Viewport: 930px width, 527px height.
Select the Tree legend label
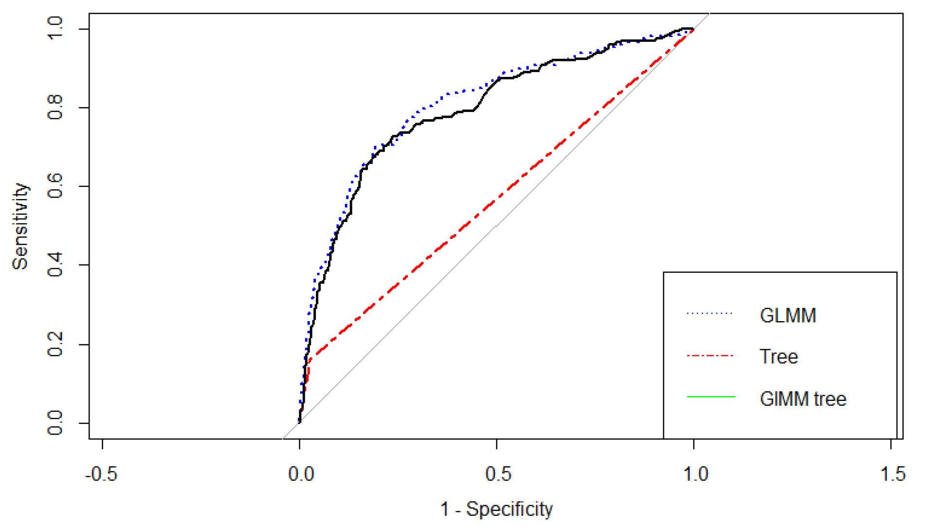[779, 357]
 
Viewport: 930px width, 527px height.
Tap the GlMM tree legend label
[803, 399]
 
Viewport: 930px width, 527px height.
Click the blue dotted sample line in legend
[710, 313]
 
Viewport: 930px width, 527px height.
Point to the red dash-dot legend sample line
[710, 356]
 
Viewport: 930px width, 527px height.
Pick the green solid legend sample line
[710, 397]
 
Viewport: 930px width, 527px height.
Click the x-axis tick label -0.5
[101, 473]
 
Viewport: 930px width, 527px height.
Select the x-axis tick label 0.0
[300, 473]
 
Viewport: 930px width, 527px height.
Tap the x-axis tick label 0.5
[498, 473]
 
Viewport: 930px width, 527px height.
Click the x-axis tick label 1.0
[695, 473]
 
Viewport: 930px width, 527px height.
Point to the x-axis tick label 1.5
[893, 473]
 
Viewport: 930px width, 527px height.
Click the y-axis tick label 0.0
[55, 422]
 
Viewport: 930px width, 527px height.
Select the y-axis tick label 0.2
[55, 344]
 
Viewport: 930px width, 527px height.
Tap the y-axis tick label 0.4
[55, 265]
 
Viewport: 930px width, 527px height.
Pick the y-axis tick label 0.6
[55, 186]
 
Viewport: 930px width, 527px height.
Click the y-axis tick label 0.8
[55, 108]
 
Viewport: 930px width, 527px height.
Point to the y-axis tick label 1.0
[55, 29]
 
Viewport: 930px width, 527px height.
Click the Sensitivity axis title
[20, 226]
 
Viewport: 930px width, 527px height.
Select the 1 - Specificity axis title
[496, 509]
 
